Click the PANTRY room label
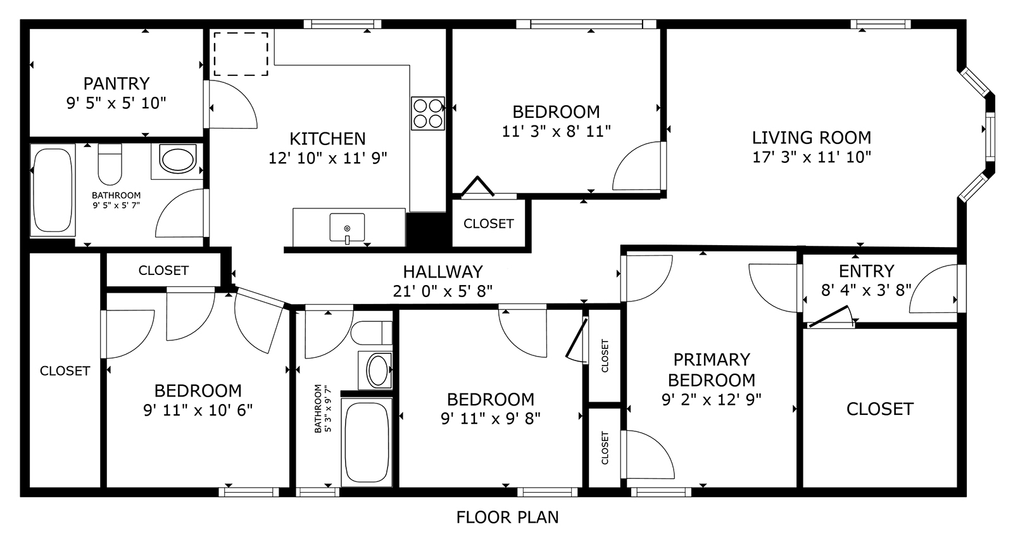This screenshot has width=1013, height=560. point(116,84)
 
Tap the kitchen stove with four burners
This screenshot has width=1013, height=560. point(428,113)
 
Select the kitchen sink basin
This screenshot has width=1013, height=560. point(348,227)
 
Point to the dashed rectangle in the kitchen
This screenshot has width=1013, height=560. point(241,54)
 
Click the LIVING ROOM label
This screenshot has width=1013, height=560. point(811,137)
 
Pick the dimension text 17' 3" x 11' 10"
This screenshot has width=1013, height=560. point(811,157)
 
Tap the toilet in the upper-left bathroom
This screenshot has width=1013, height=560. point(110,164)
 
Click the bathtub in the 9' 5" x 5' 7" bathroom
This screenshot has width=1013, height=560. point(53,191)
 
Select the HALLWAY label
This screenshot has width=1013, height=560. point(443,272)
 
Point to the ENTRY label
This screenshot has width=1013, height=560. point(866,271)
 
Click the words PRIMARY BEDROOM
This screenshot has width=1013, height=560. point(712,369)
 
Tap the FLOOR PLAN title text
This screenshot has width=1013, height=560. point(507,517)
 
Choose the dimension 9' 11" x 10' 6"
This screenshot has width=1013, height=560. point(198,410)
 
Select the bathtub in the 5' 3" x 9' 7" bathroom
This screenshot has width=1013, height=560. point(367,442)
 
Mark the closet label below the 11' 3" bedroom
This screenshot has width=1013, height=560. point(488,224)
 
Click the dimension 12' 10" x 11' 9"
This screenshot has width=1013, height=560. point(327,158)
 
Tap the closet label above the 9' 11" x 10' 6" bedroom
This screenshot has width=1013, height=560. point(163,270)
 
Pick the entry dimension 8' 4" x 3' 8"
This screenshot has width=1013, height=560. point(866,290)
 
